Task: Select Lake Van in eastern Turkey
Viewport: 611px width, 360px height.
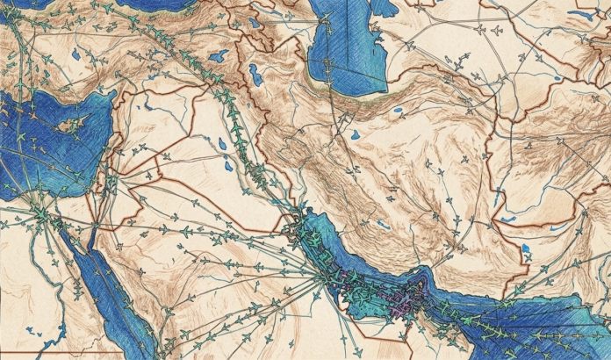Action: click(218, 55)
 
